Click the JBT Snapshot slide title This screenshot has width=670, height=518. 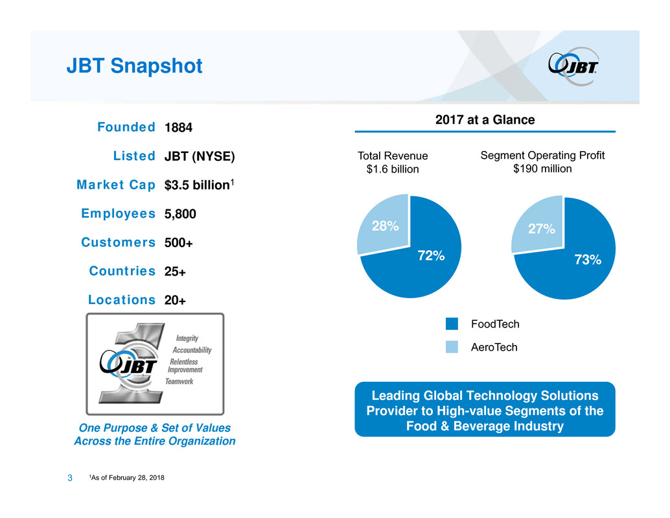134,65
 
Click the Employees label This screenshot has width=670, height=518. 118,213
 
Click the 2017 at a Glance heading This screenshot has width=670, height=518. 484,120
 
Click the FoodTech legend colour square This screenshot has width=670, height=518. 452,324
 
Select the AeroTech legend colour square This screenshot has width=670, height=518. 452,347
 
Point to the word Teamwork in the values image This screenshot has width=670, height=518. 179,382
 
